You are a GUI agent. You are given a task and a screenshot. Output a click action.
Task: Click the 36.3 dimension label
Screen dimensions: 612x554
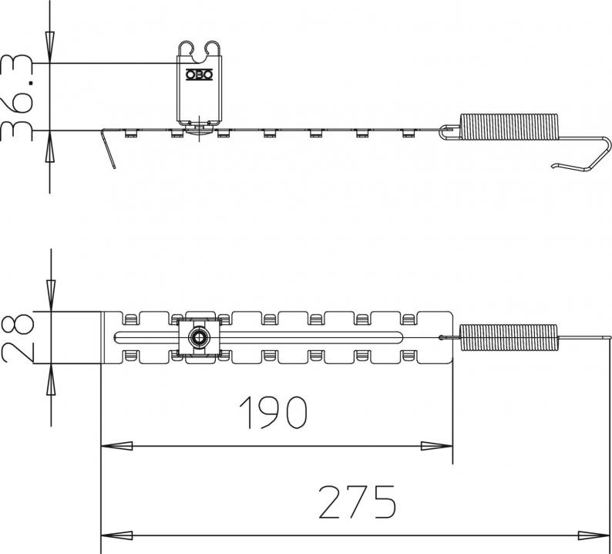tap(16, 98)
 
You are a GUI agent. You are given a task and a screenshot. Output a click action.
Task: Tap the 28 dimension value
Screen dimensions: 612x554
tap(18, 338)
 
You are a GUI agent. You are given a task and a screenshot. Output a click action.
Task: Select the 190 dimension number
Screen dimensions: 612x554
tap(273, 413)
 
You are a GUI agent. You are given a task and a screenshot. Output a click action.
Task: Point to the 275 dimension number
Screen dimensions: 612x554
tap(358, 502)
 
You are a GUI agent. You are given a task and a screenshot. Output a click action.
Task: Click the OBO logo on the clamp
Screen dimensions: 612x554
tap(199, 75)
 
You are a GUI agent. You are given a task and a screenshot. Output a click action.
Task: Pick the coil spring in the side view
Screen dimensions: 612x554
tap(509, 127)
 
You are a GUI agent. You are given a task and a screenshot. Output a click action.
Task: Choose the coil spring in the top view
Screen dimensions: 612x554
tap(509, 337)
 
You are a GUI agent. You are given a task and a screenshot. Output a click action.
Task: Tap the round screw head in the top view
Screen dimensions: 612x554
tap(198, 337)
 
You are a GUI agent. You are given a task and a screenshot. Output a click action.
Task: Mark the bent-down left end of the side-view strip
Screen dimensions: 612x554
tap(108, 148)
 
